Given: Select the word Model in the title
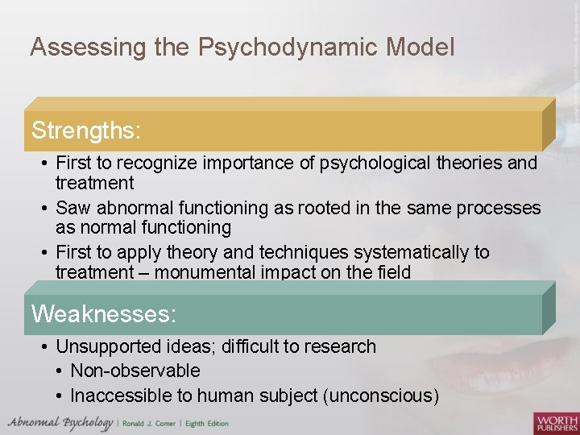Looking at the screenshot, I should [420, 48].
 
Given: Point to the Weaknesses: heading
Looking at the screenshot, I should [103, 313].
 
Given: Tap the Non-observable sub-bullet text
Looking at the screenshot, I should [135, 371].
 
